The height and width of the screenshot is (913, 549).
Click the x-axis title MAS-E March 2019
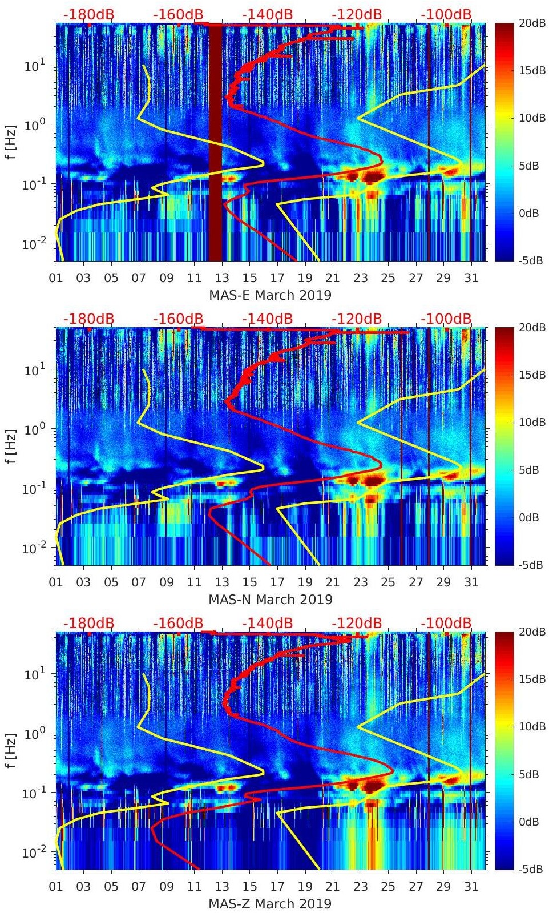point(270,295)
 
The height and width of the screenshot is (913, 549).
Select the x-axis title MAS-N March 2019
point(270,600)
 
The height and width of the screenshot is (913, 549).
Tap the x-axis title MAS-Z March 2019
point(270,904)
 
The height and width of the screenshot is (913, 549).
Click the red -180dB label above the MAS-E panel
point(89,15)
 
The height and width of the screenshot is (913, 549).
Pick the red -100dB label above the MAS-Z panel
point(446,623)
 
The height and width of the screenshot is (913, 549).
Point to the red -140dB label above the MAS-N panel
point(268,319)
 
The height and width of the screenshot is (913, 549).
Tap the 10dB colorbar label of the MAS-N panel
point(530,422)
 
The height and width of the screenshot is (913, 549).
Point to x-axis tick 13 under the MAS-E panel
point(222,278)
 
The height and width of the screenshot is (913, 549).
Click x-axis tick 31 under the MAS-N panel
point(471,582)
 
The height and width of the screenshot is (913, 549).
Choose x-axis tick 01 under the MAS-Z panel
point(56,887)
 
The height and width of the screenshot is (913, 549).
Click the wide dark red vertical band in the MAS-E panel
point(215,143)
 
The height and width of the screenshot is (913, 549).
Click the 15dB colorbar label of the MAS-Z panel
point(530,679)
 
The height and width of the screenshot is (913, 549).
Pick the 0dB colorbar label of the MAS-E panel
point(530,213)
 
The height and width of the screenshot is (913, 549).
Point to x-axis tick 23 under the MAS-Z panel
point(360,887)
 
